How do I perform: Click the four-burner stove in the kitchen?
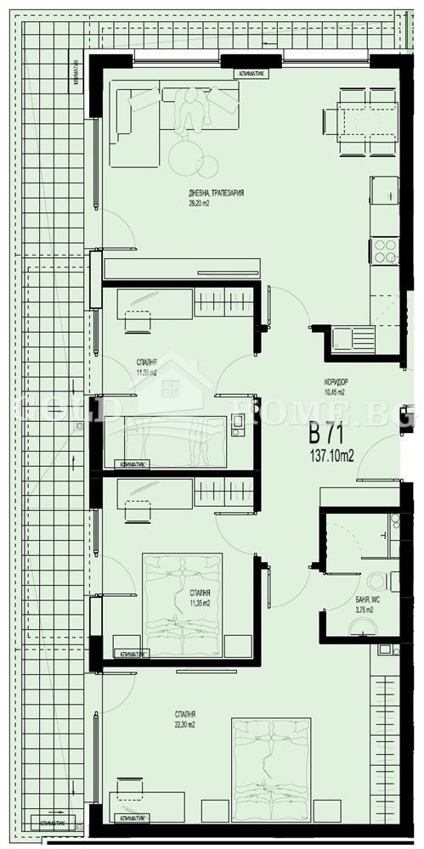(x=384, y=250)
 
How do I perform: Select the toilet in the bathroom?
(x=376, y=582)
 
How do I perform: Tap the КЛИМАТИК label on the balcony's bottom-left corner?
(x=52, y=823)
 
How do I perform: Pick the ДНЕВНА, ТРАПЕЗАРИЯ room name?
(x=216, y=194)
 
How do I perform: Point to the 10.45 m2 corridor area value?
(x=334, y=392)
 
